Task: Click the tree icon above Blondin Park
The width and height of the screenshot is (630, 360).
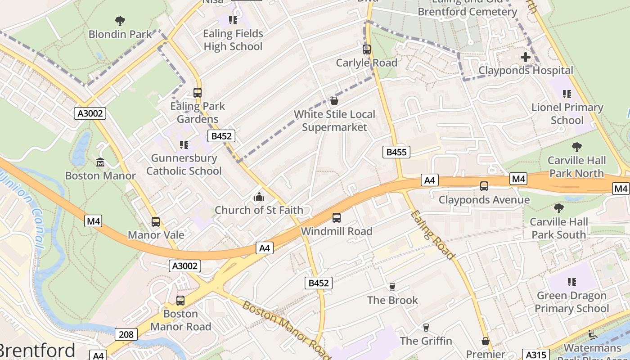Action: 120,21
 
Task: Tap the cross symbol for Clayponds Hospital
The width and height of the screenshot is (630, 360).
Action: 525,57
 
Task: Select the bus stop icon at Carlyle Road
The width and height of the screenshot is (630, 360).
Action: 367,49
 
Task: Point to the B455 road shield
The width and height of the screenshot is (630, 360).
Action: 396,152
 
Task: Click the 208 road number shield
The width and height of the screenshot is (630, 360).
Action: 126,334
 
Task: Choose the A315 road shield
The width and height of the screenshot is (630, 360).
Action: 535,355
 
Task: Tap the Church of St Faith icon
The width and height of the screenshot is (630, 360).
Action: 259,197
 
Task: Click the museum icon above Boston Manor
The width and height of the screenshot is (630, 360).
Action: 100,162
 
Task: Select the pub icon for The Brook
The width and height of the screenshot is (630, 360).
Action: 392,287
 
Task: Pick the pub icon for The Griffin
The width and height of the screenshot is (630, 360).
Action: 426,328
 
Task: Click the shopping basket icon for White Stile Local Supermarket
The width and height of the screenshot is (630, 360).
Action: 334,101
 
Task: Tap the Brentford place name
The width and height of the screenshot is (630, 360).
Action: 37,351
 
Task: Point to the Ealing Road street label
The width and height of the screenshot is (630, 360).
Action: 432,235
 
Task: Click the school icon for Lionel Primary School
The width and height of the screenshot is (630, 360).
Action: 567,94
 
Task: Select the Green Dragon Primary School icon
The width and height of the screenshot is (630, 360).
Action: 571,282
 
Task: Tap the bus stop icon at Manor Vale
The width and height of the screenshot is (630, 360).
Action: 156,222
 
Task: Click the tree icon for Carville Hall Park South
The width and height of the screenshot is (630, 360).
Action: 558,208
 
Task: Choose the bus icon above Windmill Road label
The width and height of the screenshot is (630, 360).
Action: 337,218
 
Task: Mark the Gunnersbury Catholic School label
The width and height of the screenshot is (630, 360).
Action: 184,165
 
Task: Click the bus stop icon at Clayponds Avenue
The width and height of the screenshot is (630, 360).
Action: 484,186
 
